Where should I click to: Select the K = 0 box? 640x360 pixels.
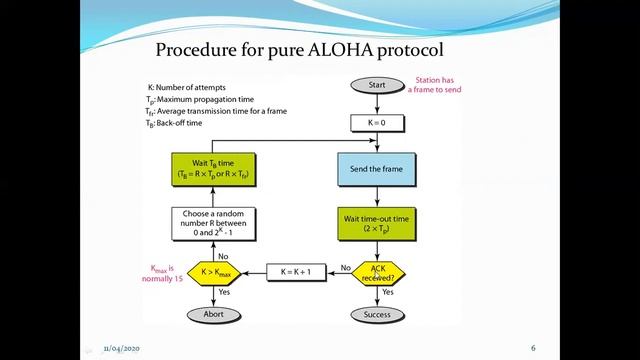[x=377, y=124]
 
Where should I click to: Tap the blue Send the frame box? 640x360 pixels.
[x=377, y=171]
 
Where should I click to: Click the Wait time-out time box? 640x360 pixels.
[x=377, y=223]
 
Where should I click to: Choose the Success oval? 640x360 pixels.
[x=377, y=314]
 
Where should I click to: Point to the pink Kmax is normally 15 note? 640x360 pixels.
[x=160, y=272]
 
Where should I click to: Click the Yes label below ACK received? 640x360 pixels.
[x=387, y=293]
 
